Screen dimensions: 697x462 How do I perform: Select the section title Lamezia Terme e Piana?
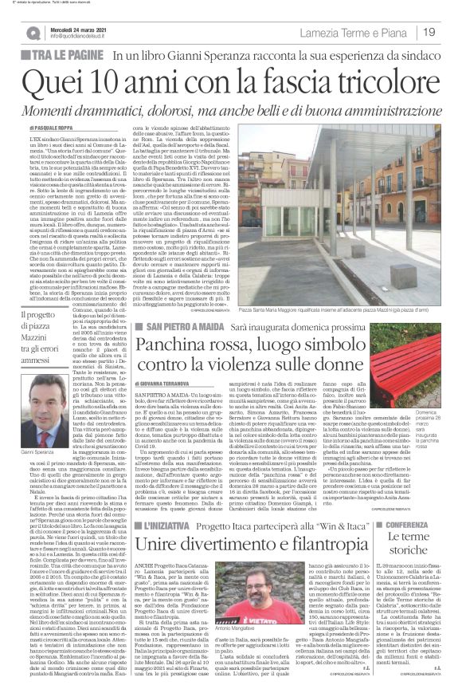click(x=354, y=33)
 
